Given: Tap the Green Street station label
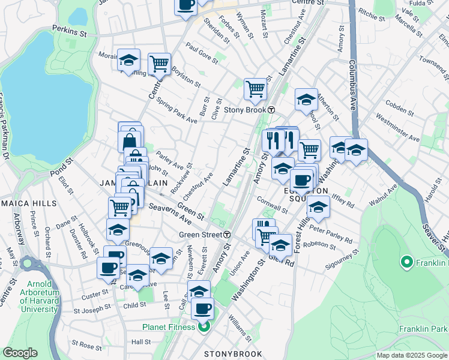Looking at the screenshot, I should (199, 234).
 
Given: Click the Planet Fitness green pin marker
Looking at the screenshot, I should (204, 327).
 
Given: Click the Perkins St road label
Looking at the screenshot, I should (70, 28).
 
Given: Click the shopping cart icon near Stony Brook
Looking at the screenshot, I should (256, 89).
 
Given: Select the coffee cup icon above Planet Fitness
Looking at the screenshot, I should (202, 308).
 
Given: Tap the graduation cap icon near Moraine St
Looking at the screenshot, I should (128, 60).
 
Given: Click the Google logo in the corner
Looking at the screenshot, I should (20, 353).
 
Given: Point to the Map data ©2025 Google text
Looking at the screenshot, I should (411, 355).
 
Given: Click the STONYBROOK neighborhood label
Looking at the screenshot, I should (232, 354).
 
